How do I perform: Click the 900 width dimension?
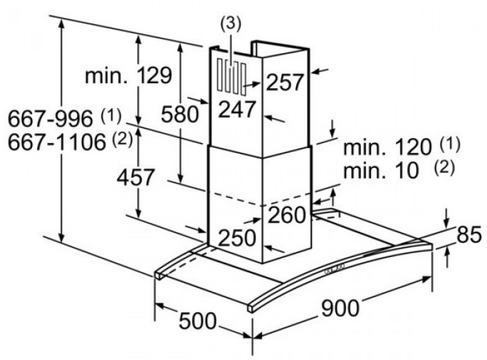click(x=340, y=308)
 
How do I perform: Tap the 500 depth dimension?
click(x=197, y=321)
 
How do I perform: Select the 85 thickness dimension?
click(x=469, y=234)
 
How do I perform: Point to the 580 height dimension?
click(x=180, y=114)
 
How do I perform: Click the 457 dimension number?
click(x=135, y=177)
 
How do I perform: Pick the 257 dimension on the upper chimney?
click(x=285, y=82)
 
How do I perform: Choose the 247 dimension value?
click(x=237, y=110)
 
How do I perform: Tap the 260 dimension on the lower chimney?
click(x=287, y=215)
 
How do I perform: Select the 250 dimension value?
click(x=237, y=238)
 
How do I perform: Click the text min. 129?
click(x=128, y=75)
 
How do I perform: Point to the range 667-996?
click(x=51, y=118)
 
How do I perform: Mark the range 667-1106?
click(x=57, y=142)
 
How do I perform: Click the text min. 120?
click(x=387, y=147)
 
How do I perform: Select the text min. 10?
click(x=381, y=170)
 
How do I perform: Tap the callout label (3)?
click(x=231, y=24)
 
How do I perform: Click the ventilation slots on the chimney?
click(x=232, y=77)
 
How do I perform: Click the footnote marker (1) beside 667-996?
click(x=111, y=116)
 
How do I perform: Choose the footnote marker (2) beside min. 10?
click(x=444, y=168)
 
